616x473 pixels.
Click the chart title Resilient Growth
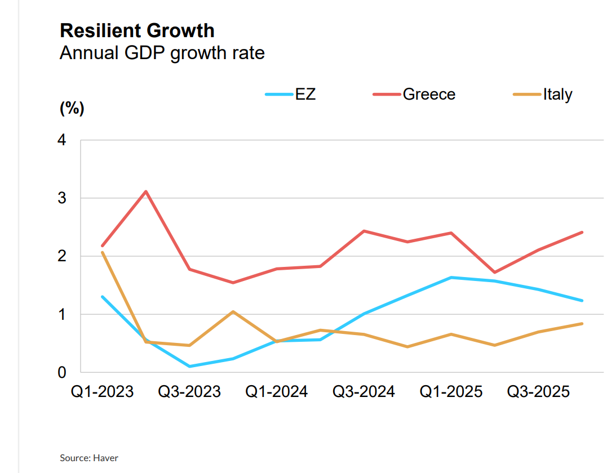coord(137,30)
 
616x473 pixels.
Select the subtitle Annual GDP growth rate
coord(162,53)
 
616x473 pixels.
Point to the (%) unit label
coord(72,109)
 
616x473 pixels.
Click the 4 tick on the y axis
coord(62,140)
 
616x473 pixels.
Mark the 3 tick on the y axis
coord(62,198)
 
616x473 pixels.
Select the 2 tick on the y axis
coord(62,256)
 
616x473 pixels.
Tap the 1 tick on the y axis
coord(62,314)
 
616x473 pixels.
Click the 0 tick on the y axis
coord(62,372)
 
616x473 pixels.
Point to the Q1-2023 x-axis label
coord(102,391)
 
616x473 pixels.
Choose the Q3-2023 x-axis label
coord(189,391)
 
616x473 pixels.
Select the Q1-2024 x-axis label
coord(277,391)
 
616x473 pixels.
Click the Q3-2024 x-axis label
coord(364,391)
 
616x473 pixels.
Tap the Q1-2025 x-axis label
coord(451,391)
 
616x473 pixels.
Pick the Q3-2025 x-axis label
coord(539,391)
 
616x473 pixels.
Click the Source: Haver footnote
coord(89,458)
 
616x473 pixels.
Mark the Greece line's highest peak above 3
coord(146,191)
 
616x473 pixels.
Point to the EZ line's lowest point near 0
coord(189,367)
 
